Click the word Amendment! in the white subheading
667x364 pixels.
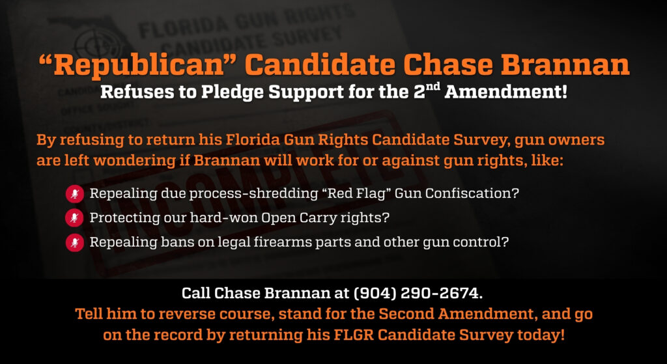(x=505, y=92)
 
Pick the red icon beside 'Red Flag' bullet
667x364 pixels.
(x=74, y=194)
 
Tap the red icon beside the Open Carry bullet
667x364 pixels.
(x=74, y=219)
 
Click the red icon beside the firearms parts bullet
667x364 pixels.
(x=74, y=243)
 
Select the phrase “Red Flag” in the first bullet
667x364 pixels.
(x=355, y=193)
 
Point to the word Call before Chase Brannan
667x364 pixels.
(x=196, y=293)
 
